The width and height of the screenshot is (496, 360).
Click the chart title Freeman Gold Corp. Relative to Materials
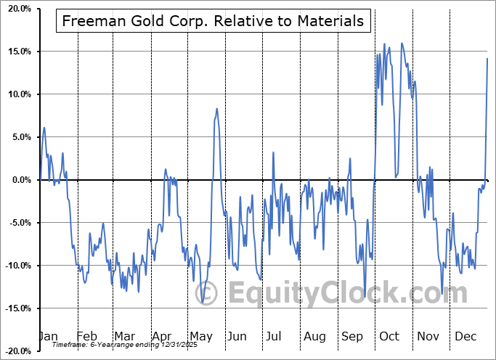click(x=214, y=21)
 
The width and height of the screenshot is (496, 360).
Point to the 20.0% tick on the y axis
click(x=16, y=9)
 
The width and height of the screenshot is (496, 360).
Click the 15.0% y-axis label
click(x=16, y=52)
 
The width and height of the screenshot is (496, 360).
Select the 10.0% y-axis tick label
click(x=16, y=94)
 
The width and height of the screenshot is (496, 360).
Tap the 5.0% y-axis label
click(x=18, y=137)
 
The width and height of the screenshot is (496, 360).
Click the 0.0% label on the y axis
click(x=18, y=180)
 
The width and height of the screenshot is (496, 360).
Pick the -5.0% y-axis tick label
click(x=17, y=223)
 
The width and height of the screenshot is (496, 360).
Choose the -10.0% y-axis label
click(x=15, y=266)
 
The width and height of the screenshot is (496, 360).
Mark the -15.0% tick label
click(x=15, y=308)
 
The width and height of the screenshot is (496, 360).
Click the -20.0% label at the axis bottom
click(x=15, y=351)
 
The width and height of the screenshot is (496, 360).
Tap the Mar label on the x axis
click(x=124, y=336)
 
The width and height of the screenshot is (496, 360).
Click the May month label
click(x=201, y=336)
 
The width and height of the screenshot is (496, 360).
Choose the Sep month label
click(x=351, y=336)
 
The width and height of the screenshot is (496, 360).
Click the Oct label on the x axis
click(x=389, y=336)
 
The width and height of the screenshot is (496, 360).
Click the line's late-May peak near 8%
click(x=216, y=109)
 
